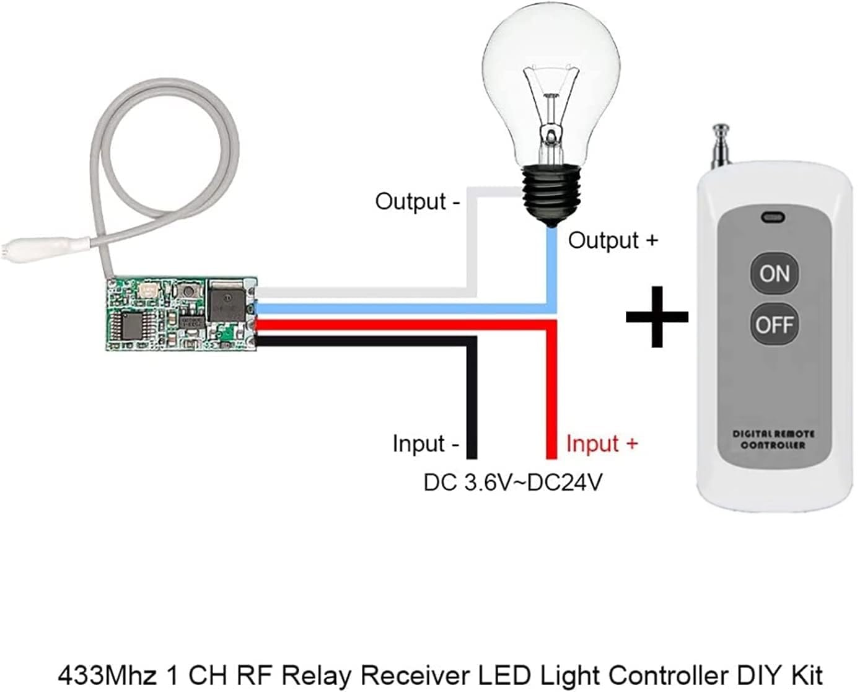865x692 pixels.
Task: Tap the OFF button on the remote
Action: pos(774,324)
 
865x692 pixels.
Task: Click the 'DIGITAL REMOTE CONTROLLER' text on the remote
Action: pos(773,439)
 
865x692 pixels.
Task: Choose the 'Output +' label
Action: pos(613,240)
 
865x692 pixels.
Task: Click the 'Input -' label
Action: pos(426,444)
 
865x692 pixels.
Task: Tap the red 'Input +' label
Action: pos(602,444)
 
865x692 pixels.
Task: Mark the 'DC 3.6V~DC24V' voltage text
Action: pos(512,482)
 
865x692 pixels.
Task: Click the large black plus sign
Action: pos(657,316)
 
